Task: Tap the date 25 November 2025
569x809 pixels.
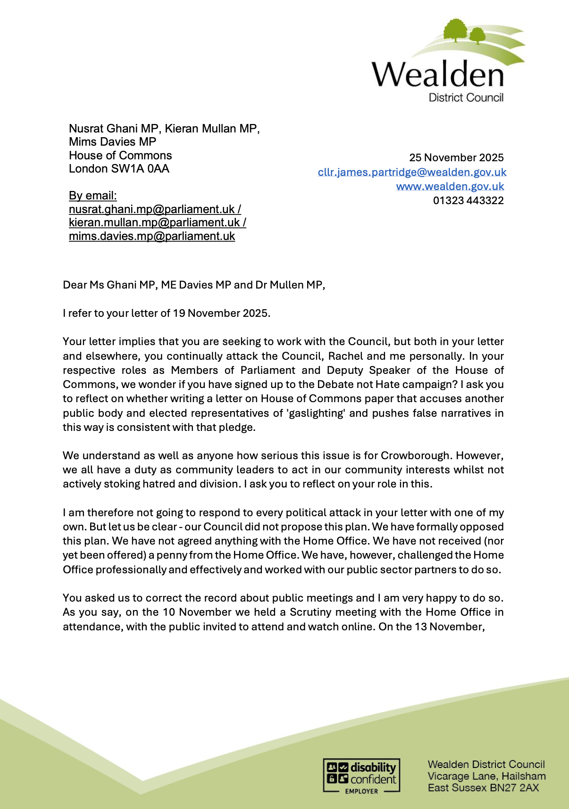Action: click(456, 157)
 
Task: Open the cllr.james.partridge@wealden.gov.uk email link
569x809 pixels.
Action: click(412, 172)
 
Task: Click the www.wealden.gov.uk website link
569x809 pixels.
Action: click(450, 186)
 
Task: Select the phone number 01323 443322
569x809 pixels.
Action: click(468, 200)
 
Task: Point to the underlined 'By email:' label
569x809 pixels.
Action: click(93, 195)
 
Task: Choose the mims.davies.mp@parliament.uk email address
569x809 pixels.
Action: click(152, 236)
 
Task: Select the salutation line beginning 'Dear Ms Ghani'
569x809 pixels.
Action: click(194, 285)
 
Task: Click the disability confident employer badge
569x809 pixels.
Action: click(361, 776)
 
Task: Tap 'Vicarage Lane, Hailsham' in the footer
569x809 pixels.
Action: click(486, 776)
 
